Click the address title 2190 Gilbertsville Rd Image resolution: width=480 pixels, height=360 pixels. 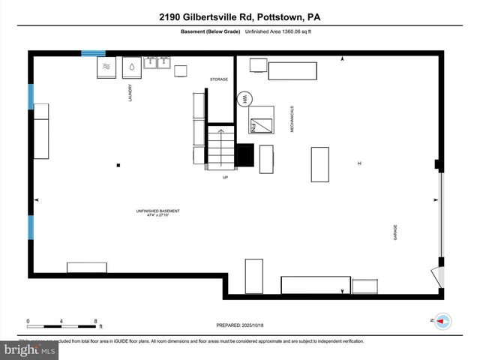pos(240,16)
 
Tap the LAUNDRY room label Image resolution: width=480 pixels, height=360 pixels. pos(130,92)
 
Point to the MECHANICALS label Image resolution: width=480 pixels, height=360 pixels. pos(292,119)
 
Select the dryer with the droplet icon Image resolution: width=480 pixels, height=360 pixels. pos(131,66)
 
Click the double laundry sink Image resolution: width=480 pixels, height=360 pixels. pos(157,65)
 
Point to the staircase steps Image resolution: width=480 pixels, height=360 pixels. pos(221,148)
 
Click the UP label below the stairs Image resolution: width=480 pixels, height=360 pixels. pos(224,177)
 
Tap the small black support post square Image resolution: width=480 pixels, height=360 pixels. pos(118,165)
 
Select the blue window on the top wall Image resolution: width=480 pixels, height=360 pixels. pos(93,52)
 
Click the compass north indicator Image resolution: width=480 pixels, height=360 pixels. pos(442,320)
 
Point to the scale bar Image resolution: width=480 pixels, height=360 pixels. pos(62,325)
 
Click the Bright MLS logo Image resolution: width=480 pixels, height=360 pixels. pos(30,349)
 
